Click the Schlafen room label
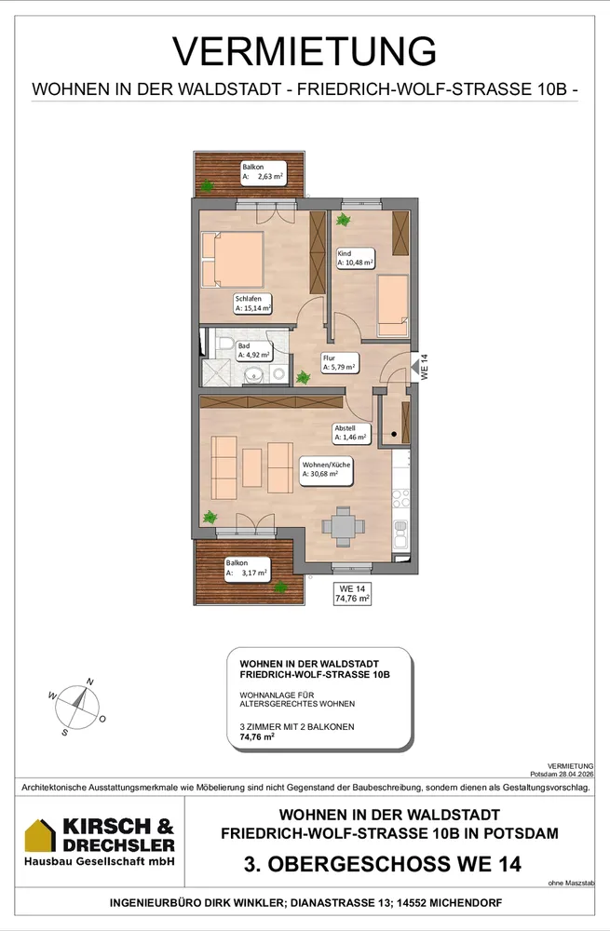click(x=252, y=304)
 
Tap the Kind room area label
click(x=355, y=258)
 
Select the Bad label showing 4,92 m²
click(x=253, y=351)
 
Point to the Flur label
click(x=339, y=363)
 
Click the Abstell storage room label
click(x=351, y=434)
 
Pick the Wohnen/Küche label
click(x=326, y=469)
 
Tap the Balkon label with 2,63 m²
click(x=263, y=172)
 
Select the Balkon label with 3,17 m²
click(x=247, y=569)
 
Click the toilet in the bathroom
click(x=225, y=344)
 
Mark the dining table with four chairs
click(x=343, y=526)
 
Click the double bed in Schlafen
click(x=232, y=259)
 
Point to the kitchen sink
click(x=400, y=532)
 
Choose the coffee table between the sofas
click(x=251, y=468)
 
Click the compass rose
click(x=77, y=708)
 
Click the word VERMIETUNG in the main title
click(x=305, y=51)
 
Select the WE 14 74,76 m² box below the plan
click(x=352, y=593)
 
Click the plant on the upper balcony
click(x=207, y=186)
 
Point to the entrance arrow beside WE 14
click(x=414, y=369)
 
